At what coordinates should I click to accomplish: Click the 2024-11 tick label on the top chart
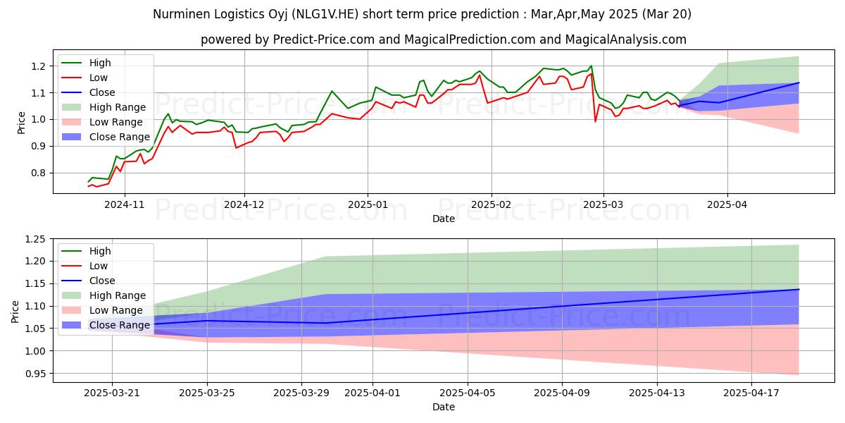coord(125,205)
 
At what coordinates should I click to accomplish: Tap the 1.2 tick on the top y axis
coord(39,66)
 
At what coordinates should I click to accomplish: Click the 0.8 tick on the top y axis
coord(39,173)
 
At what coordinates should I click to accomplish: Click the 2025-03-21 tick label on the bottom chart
coord(112,393)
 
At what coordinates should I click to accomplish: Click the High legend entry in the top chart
coord(101,63)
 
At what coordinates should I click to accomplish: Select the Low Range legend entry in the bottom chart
coord(117,310)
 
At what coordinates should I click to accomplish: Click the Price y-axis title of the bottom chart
coord(15,310)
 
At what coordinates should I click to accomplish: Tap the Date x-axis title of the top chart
coord(444,219)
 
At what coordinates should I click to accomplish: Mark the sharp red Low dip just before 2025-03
coord(596,121)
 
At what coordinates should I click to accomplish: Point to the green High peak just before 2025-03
coord(591,66)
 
